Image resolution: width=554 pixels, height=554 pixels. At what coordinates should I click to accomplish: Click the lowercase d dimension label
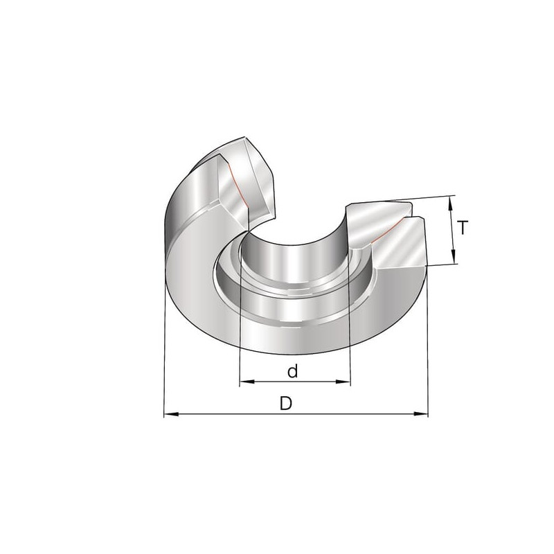pyautogui.click(x=292, y=371)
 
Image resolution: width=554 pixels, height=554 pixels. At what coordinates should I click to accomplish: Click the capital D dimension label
pyautogui.click(x=286, y=404)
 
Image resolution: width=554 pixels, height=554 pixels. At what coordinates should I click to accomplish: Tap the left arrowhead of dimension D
pyautogui.click(x=171, y=413)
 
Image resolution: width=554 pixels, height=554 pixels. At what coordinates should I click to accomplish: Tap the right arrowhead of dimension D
pyautogui.click(x=421, y=413)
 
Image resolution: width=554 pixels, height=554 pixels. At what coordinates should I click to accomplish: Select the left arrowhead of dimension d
pyautogui.click(x=247, y=382)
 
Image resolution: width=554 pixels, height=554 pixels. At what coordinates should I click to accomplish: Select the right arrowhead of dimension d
pyautogui.click(x=343, y=382)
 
